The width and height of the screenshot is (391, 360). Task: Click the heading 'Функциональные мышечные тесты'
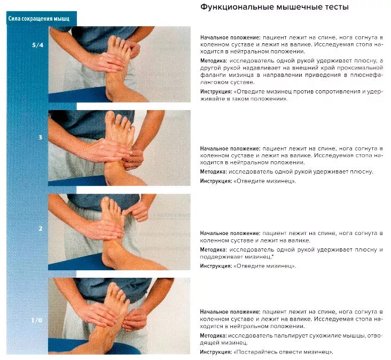(x=275, y=8)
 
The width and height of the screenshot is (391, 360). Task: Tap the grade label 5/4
(x=37, y=45)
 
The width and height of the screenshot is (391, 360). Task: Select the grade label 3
(x=40, y=138)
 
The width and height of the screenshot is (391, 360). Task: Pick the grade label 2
(x=40, y=229)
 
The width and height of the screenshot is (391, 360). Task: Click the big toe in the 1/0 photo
(x=114, y=289)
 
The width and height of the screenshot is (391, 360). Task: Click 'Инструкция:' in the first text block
(x=216, y=92)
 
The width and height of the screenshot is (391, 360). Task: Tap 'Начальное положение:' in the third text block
(x=230, y=233)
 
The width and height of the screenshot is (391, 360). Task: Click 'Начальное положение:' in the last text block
(x=230, y=311)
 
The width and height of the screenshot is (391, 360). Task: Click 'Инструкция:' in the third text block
(x=216, y=265)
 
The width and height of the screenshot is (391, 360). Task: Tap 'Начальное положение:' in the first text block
(x=230, y=38)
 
